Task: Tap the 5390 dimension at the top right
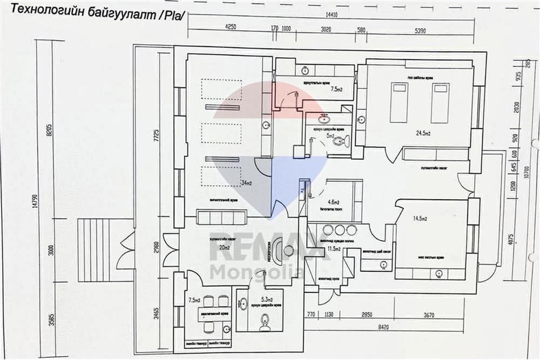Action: pyautogui.click(x=420, y=31)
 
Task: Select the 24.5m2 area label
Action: pyautogui.click(x=423, y=133)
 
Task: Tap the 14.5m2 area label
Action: pyautogui.click(x=420, y=219)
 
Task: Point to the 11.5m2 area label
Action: pyautogui.click(x=334, y=249)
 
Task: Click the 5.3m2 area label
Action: pyautogui.click(x=266, y=300)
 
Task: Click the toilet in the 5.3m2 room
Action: pyautogui.click(x=265, y=323)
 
